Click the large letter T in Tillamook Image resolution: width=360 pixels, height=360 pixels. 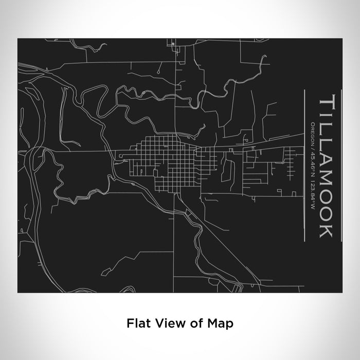click(328, 103)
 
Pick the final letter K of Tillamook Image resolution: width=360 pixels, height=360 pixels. click(328, 230)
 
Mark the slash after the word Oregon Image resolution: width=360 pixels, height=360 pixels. click(313, 146)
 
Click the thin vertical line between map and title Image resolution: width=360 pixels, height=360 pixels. click(305, 165)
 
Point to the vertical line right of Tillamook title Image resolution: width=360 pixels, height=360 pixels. click(341, 165)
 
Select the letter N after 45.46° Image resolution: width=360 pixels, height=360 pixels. click(313, 169)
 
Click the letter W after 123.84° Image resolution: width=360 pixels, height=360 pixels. click(313, 196)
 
